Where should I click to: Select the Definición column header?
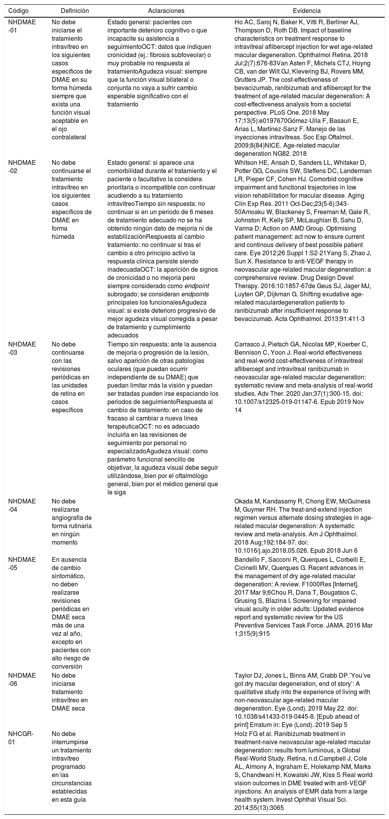click(75, 11)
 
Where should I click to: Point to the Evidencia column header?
click(307, 11)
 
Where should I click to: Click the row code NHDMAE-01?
click(22, 26)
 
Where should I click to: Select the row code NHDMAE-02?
click(22, 167)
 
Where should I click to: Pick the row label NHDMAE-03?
click(22, 348)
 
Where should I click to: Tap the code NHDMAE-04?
click(22, 505)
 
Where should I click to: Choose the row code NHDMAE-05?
click(22, 563)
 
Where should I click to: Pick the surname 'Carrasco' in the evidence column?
click(247, 345)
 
